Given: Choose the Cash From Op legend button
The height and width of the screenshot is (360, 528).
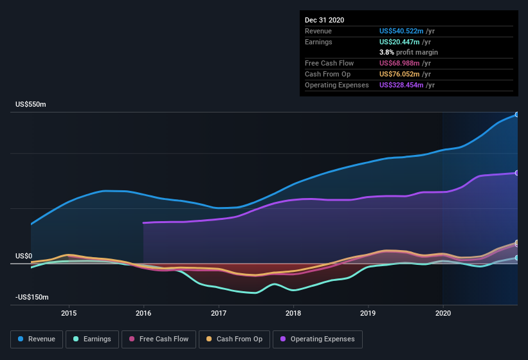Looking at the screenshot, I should coord(234,339).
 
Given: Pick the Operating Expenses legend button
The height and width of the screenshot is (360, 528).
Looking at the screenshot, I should coord(318,339).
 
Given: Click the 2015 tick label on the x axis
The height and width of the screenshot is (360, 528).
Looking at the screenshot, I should coord(69,313).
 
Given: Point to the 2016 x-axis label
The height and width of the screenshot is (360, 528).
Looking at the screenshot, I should coord(143,313).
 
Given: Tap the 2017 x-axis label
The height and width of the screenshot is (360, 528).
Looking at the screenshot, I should coord(219,313).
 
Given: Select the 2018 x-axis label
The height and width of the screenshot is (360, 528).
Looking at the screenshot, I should coord(293,313).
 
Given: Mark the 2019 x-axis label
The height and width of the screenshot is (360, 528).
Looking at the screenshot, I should coord(368,313).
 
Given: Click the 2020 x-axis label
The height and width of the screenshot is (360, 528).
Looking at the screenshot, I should coord(443,313).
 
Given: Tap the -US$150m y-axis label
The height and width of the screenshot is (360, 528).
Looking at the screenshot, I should coord(32,298).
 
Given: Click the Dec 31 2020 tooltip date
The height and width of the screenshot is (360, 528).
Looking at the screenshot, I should coord(324,20).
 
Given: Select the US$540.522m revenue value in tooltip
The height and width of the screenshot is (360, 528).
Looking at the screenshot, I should coord(401,31).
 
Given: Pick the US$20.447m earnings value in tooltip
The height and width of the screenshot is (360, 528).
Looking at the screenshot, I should coord(399,42).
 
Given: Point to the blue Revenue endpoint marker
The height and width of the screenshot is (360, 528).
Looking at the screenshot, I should coord(517,114).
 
